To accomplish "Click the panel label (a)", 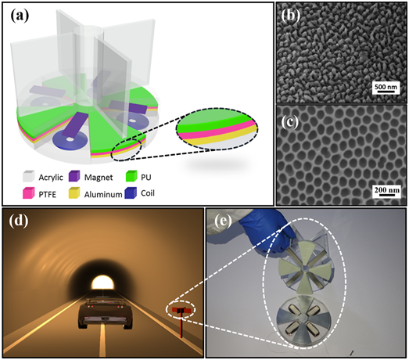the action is (x=20, y=16).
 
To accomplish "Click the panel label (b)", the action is (x=291, y=16).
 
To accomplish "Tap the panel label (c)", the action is (x=290, y=122).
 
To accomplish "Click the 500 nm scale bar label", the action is (x=386, y=86).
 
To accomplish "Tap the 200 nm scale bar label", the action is (x=387, y=189).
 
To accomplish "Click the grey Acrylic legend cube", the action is (x=28, y=176).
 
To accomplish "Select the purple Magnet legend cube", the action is (x=74, y=176).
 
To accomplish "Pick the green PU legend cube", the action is (x=131, y=176).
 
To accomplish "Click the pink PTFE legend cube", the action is (x=28, y=193).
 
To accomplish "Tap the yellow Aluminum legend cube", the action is (x=74, y=193).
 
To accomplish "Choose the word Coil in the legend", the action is (x=148, y=193).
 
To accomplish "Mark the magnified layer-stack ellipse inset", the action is (x=217, y=129).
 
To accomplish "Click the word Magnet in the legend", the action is (x=99, y=178).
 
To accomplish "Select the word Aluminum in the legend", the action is (x=103, y=195).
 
